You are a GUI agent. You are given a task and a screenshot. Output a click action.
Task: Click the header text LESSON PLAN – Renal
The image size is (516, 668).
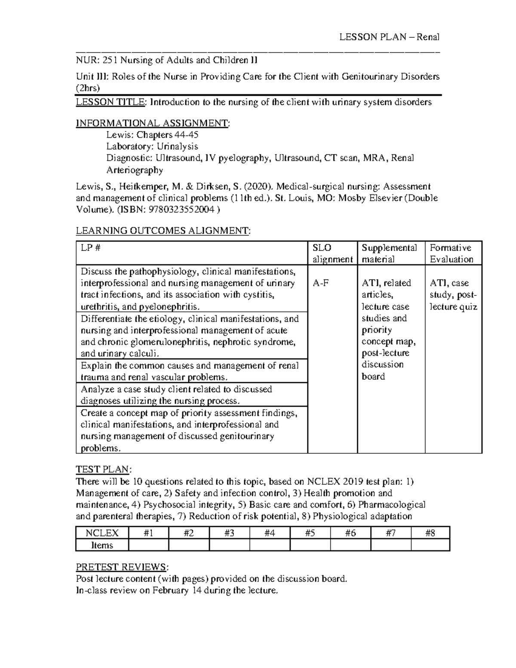pos(389,37)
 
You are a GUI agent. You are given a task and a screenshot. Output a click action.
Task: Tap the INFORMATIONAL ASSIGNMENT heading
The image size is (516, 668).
pos(153,123)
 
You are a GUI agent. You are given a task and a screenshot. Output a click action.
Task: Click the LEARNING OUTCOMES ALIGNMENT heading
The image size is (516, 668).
pos(163,231)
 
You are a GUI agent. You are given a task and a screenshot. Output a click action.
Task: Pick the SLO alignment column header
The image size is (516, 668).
pos(332,253)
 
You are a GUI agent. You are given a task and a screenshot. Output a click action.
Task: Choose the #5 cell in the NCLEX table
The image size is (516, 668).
pos(310,533)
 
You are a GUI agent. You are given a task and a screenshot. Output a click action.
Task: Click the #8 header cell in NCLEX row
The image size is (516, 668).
pos(430,533)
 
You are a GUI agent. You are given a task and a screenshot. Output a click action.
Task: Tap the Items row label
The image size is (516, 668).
pos(102,545)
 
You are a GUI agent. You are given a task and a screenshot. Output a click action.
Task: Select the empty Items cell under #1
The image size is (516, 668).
pos(148,545)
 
